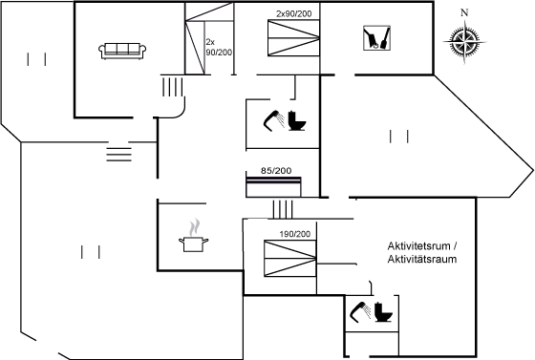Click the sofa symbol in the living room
[122, 52]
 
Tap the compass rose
[464, 42]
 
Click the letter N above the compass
[464, 12]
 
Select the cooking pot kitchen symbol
[193, 244]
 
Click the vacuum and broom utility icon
[376, 38]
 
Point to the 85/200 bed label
[276, 171]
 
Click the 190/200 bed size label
[295, 234]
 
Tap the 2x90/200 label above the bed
[294, 13]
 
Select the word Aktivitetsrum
[418, 246]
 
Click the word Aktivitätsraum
[422, 259]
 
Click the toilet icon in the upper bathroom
[297, 120]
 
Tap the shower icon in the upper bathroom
[274, 120]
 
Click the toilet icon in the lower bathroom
[383, 312]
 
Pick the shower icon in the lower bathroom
[361, 312]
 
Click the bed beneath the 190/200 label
[290, 259]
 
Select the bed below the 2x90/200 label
[294, 38]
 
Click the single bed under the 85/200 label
[273, 187]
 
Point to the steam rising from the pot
[194, 227]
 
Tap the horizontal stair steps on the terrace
[118, 155]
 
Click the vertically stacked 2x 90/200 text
[219, 47]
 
